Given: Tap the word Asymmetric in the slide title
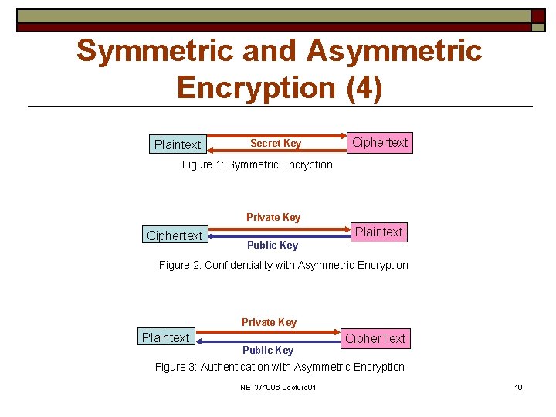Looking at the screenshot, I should point(394,51).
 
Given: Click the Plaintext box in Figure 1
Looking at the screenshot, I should point(178,144).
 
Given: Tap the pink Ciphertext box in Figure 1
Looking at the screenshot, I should point(379,142).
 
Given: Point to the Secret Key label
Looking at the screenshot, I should point(276,143).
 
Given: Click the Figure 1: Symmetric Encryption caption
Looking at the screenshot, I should point(257,164).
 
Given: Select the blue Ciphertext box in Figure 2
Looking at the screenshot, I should point(175,236).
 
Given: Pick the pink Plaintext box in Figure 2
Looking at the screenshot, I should point(378,232).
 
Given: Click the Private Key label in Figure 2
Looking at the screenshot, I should point(273,217).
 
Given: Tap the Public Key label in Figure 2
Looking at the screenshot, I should point(272,246).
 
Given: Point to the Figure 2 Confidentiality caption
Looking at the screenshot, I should point(283,265).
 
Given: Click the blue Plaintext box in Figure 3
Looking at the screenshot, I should point(165,337).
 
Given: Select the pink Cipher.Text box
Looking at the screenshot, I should point(375,338).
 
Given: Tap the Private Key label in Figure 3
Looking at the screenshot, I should point(269,322).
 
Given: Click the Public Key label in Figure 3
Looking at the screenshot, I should point(268,350).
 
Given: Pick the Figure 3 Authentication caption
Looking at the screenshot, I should point(280,367).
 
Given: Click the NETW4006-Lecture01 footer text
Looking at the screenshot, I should point(278,387).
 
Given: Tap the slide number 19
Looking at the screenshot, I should point(518,387).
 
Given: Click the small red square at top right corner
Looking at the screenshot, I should point(537,16).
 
